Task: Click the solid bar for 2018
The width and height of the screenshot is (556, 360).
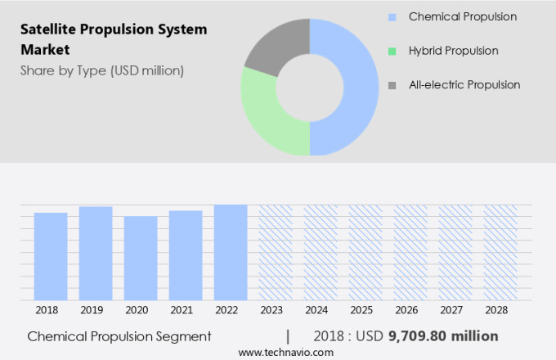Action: [x=51, y=256]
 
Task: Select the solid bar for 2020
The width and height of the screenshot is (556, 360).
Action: [x=141, y=258]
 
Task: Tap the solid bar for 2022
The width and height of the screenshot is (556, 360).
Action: [x=231, y=252]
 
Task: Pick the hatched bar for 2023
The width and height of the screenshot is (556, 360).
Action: [x=276, y=252]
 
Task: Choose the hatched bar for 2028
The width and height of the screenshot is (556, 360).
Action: [x=500, y=252]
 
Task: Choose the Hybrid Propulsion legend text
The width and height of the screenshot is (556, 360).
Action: [x=453, y=51]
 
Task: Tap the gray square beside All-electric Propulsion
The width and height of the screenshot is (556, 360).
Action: [x=392, y=85]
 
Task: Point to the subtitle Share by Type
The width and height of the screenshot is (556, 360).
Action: [x=102, y=70]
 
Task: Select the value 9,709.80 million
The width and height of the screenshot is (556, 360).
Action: [x=442, y=336]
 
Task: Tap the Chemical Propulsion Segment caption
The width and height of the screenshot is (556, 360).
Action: [x=119, y=336]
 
